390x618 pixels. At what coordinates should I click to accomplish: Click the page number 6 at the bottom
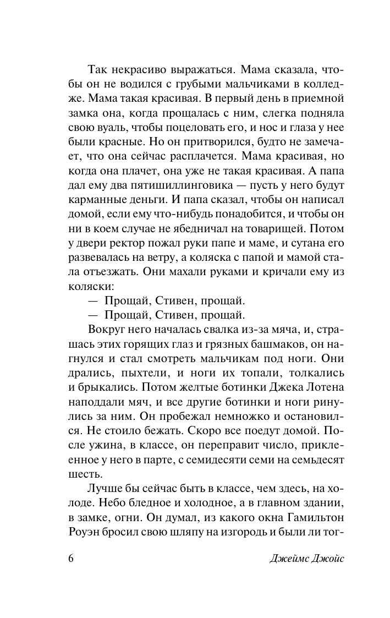70,572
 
